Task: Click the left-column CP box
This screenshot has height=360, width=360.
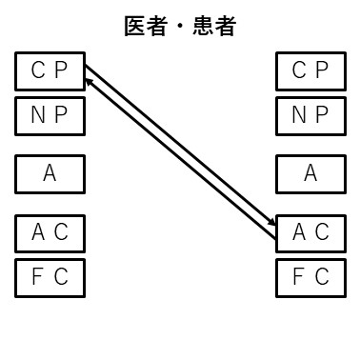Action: coord(50,70)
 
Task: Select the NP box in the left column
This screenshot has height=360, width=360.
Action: coord(50,116)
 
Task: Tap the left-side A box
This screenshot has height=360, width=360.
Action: coord(50,174)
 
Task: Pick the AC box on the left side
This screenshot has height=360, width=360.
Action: coord(50,232)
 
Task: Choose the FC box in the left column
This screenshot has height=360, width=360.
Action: coord(50,277)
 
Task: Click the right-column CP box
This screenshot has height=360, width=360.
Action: coord(310,70)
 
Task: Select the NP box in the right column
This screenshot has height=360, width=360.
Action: coord(310,116)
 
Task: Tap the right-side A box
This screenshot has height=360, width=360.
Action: coord(310,174)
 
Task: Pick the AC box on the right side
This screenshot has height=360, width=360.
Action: coord(310,232)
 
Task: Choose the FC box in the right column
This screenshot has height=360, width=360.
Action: coord(310,277)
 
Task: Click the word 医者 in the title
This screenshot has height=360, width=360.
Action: coord(146,27)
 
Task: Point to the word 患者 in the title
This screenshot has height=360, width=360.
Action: coord(214,27)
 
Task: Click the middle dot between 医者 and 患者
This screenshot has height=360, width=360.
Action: coord(180,27)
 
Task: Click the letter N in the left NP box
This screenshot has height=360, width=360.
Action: coord(39,116)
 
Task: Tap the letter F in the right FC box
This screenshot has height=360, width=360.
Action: coord(299,277)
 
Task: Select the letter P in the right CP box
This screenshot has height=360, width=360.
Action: coord(322,70)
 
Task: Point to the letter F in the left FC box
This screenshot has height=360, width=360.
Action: coord(39,277)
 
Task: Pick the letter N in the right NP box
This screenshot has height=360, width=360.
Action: coord(299,116)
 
